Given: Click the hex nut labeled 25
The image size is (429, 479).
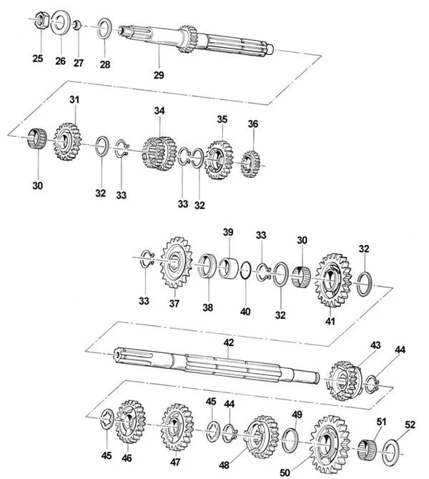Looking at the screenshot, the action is pyautogui.click(x=41, y=20).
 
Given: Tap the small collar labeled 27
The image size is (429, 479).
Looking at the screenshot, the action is pyautogui.click(x=77, y=25).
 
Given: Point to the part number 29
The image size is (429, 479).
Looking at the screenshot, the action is pyautogui.click(x=159, y=74).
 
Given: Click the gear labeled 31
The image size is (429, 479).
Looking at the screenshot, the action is pyautogui.click(x=67, y=142).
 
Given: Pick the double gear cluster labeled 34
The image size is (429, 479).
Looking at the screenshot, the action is pyautogui.click(x=159, y=154).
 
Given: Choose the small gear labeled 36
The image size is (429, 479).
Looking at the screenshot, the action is pyautogui.click(x=250, y=164).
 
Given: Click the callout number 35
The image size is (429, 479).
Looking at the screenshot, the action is pyautogui.click(x=222, y=119).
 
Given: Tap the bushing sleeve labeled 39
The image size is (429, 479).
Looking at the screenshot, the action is pyautogui.click(x=230, y=268).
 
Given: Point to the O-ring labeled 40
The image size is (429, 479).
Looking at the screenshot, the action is pyautogui.click(x=246, y=270).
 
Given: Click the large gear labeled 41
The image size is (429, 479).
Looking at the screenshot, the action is pyautogui.click(x=332, y=280).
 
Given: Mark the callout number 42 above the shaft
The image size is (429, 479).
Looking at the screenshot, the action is pyautogui.click(x=228, y=342).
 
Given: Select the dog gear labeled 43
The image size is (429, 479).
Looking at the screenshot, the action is pyautogui.click(x=345, y=381).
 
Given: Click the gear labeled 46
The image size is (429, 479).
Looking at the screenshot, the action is pyautogui.click(x=130, y=422).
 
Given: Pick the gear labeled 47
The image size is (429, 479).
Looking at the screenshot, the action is pyautogui.click(x=177, y=428).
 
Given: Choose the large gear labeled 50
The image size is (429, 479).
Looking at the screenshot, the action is pyautogui.click(x=330, y=444).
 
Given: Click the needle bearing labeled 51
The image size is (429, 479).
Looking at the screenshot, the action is pyautogui.click(x=367, y=450).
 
